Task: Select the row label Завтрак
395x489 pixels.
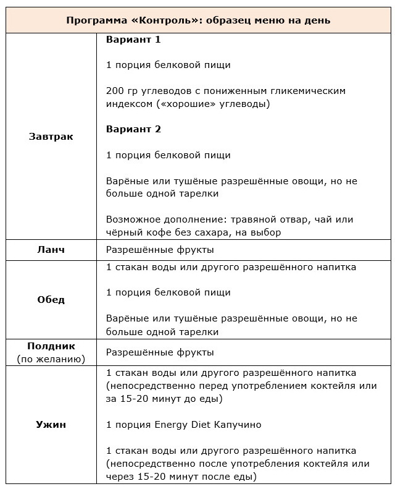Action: coord(51,137)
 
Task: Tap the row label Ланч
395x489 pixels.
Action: coord(51,250)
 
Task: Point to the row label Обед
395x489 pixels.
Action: coord(51,300)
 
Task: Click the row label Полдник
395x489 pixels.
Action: coord(51,346)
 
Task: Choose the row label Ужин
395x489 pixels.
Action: coord(51,425)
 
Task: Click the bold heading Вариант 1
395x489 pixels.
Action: coord(133,40)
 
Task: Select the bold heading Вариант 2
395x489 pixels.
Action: coord(133,129)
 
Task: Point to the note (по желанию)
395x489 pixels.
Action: coord(51,359)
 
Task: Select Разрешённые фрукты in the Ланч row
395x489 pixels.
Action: coord(160,250)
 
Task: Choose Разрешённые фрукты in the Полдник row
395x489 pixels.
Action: coord(160,352)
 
